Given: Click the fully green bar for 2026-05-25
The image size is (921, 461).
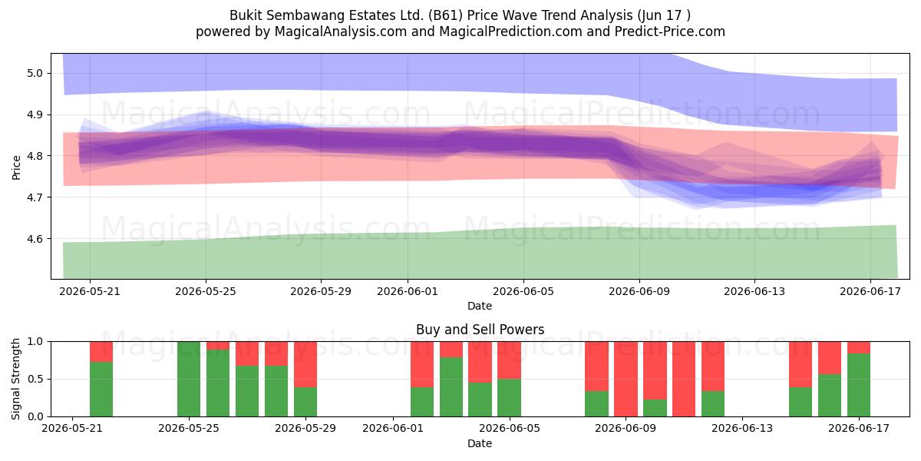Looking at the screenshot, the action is [189, 379].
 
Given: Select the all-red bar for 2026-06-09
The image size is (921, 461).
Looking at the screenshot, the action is [626, 379].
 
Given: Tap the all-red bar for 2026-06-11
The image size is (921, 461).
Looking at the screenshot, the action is [684, 379].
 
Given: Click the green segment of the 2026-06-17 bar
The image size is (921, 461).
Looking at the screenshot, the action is [859, 385].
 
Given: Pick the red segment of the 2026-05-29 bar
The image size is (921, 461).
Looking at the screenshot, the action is [305, 364].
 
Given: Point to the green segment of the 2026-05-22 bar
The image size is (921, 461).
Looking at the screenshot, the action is [101, 389].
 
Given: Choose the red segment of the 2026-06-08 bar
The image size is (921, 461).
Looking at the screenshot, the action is [596, 366].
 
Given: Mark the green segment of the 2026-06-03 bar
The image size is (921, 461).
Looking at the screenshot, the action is [451, 387].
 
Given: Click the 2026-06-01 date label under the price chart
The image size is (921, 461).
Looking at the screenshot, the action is [408, 291].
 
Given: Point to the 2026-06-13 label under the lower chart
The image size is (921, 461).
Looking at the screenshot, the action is [742, 429].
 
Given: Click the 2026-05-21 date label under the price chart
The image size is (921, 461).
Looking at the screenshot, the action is [90, 291].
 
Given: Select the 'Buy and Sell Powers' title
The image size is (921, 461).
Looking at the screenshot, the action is [480, 330].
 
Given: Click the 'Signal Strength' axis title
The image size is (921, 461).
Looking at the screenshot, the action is [15, 379].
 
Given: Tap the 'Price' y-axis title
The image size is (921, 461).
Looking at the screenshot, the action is [16, 167].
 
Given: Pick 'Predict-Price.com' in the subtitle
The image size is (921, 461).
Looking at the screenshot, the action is [670, 32].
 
